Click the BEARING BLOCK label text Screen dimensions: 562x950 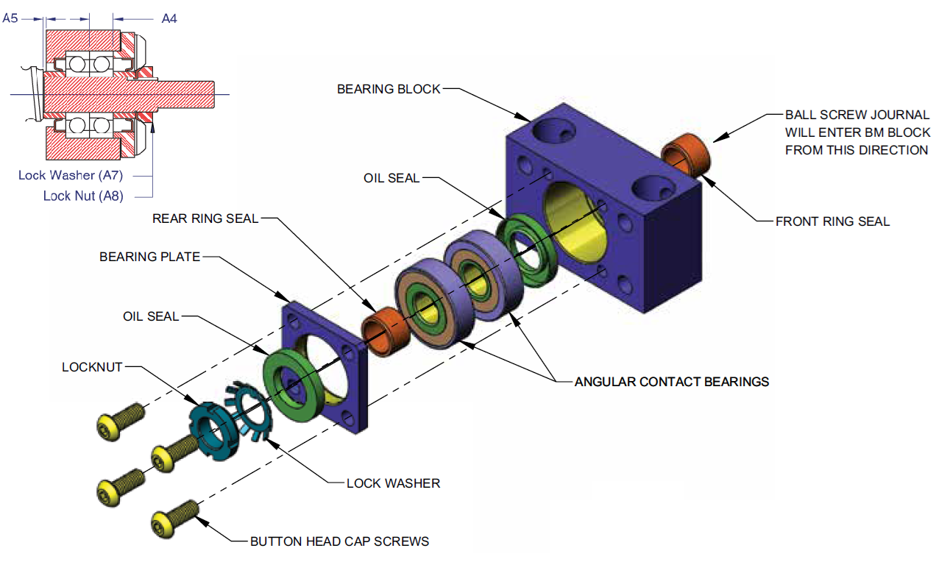(x=389, y=89)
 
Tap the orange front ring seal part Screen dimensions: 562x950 (x=687, y=152)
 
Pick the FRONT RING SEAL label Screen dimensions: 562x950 (x=832, y=221)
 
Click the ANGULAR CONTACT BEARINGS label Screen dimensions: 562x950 (x=671, y=381)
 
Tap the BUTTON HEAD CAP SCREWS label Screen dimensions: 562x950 (x=339, y=541)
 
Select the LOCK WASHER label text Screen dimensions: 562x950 (x=393, y=483)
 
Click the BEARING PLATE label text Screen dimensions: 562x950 (x=149, y=257)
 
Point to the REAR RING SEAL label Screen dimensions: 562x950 (x=205, y=218)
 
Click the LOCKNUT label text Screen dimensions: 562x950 (x=92, y=366)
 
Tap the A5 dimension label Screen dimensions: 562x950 (x=10, y=18)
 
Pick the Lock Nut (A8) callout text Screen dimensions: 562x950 (x=83, y=196)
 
